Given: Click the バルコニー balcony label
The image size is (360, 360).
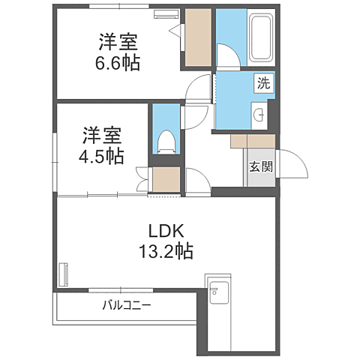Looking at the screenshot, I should point(127,306).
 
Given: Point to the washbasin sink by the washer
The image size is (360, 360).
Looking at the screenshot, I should point(259,115).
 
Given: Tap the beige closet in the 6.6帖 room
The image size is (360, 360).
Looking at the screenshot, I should point(198,39).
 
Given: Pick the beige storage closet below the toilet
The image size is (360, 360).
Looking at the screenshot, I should point(165,181).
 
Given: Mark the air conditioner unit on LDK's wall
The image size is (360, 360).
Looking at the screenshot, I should point(64,273).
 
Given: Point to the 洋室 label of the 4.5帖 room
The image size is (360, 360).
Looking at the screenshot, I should point(102,135).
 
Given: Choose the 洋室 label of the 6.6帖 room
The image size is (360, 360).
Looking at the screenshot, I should point(117,39).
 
